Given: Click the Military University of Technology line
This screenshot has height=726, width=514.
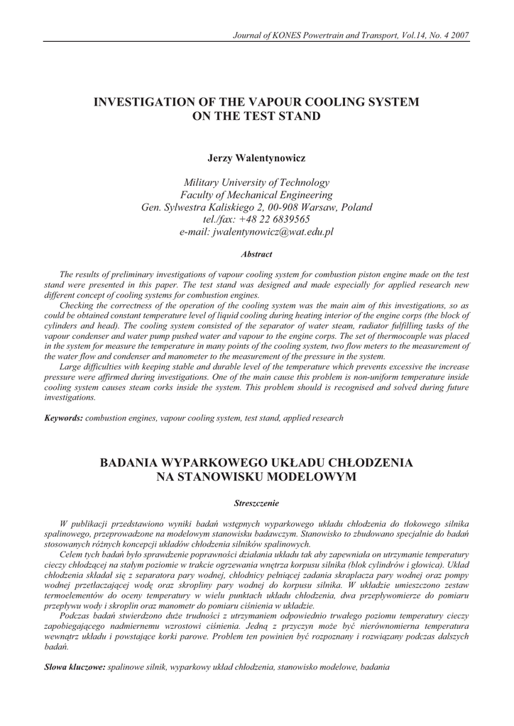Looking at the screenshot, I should pos(256,182).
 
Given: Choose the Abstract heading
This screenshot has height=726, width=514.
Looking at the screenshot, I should pos(256,253).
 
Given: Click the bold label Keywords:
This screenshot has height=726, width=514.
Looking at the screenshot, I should pos(64,418).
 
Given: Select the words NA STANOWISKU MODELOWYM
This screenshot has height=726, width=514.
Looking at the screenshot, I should pos(256,476).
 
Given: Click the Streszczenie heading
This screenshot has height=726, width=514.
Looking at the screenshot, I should pos(256,503).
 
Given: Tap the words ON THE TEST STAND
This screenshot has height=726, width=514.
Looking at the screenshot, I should pos(256,116).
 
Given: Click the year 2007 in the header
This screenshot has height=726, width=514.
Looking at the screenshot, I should pos(458,35).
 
